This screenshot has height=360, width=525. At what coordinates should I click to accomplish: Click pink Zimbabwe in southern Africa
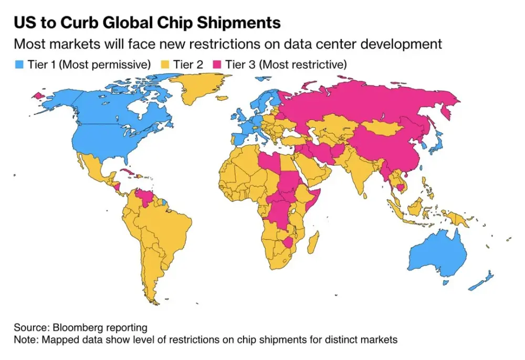288,242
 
